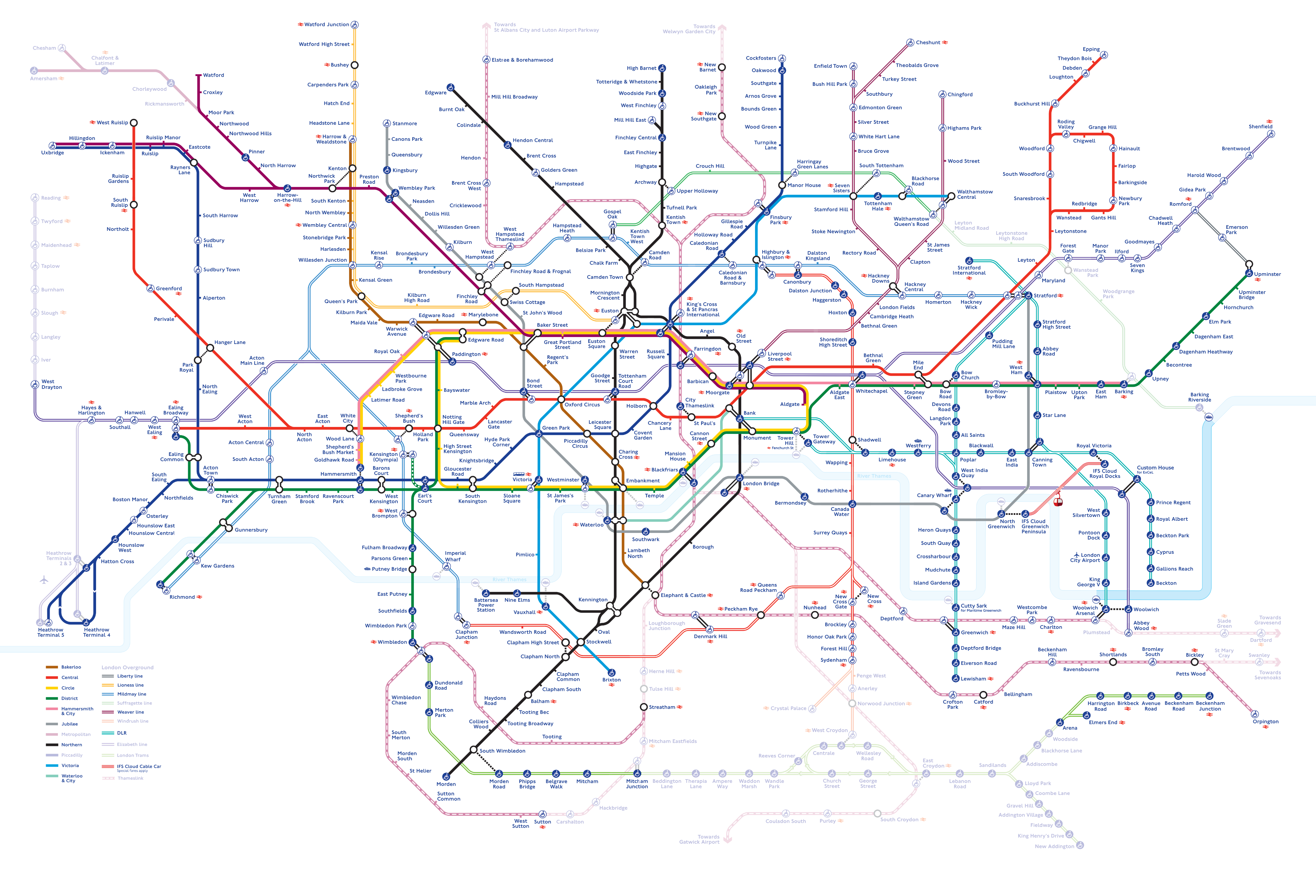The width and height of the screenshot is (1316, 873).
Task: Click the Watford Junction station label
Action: click(x=327, y=24)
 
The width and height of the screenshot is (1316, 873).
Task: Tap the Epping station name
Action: click(x=1091, y=49)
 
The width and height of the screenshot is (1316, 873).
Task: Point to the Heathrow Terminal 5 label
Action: click(x=51, y=632)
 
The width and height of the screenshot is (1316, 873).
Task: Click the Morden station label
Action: click(x=446, y=784)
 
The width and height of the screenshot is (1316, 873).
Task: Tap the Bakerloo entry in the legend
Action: click(x=71, y=667)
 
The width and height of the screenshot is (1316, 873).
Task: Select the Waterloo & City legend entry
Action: click(x=72, y=778)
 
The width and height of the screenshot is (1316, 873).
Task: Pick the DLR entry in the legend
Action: click(x=121, y=733)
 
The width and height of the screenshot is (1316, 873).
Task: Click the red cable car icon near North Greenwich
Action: click(x=1057, y=501)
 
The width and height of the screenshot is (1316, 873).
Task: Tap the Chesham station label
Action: click(x=44, y=48)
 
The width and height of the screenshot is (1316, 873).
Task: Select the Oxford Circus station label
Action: click(x=582, y=405)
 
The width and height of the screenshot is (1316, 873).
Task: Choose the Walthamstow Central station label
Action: click(x=974, y=194)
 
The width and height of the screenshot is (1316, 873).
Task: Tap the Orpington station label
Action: click(x=1265, y=722)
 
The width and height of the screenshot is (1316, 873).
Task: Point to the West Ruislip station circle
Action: click(x=134, y=122)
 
